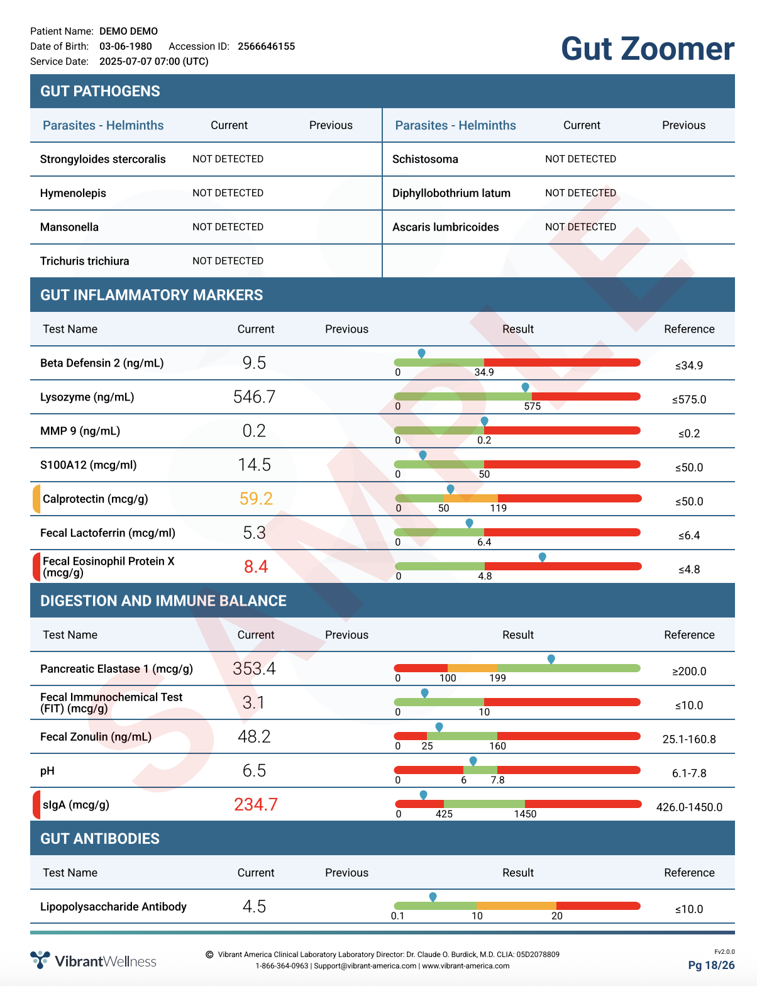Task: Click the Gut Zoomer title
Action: (x=647, y=48)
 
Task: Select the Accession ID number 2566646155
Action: (x=266, y=47)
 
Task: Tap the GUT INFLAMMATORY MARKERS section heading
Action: (x=152, y=295)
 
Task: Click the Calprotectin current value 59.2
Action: (x=256, y=499)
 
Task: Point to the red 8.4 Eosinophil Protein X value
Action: (x=256, y=567)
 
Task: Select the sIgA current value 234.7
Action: (x=256, y=804)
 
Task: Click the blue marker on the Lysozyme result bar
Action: (x=525, y=387)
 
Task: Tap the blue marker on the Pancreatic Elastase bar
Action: (x=551, y=659)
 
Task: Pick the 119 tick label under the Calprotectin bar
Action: (x=498, y=508)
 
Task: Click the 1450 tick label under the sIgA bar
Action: (x=525, y=814)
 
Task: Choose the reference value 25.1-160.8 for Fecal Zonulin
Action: (x=689, y=739)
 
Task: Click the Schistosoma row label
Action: (x=425, y=159)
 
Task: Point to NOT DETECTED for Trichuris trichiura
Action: (x=228, y=261)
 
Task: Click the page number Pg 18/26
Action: (x=711, y=965)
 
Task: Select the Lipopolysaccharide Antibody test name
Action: (x=113, y=907)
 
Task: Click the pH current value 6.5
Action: (x=254, y=770)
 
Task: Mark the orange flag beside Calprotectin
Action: (x=36, y=499)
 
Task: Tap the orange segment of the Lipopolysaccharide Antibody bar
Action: (x=516, y=906)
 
